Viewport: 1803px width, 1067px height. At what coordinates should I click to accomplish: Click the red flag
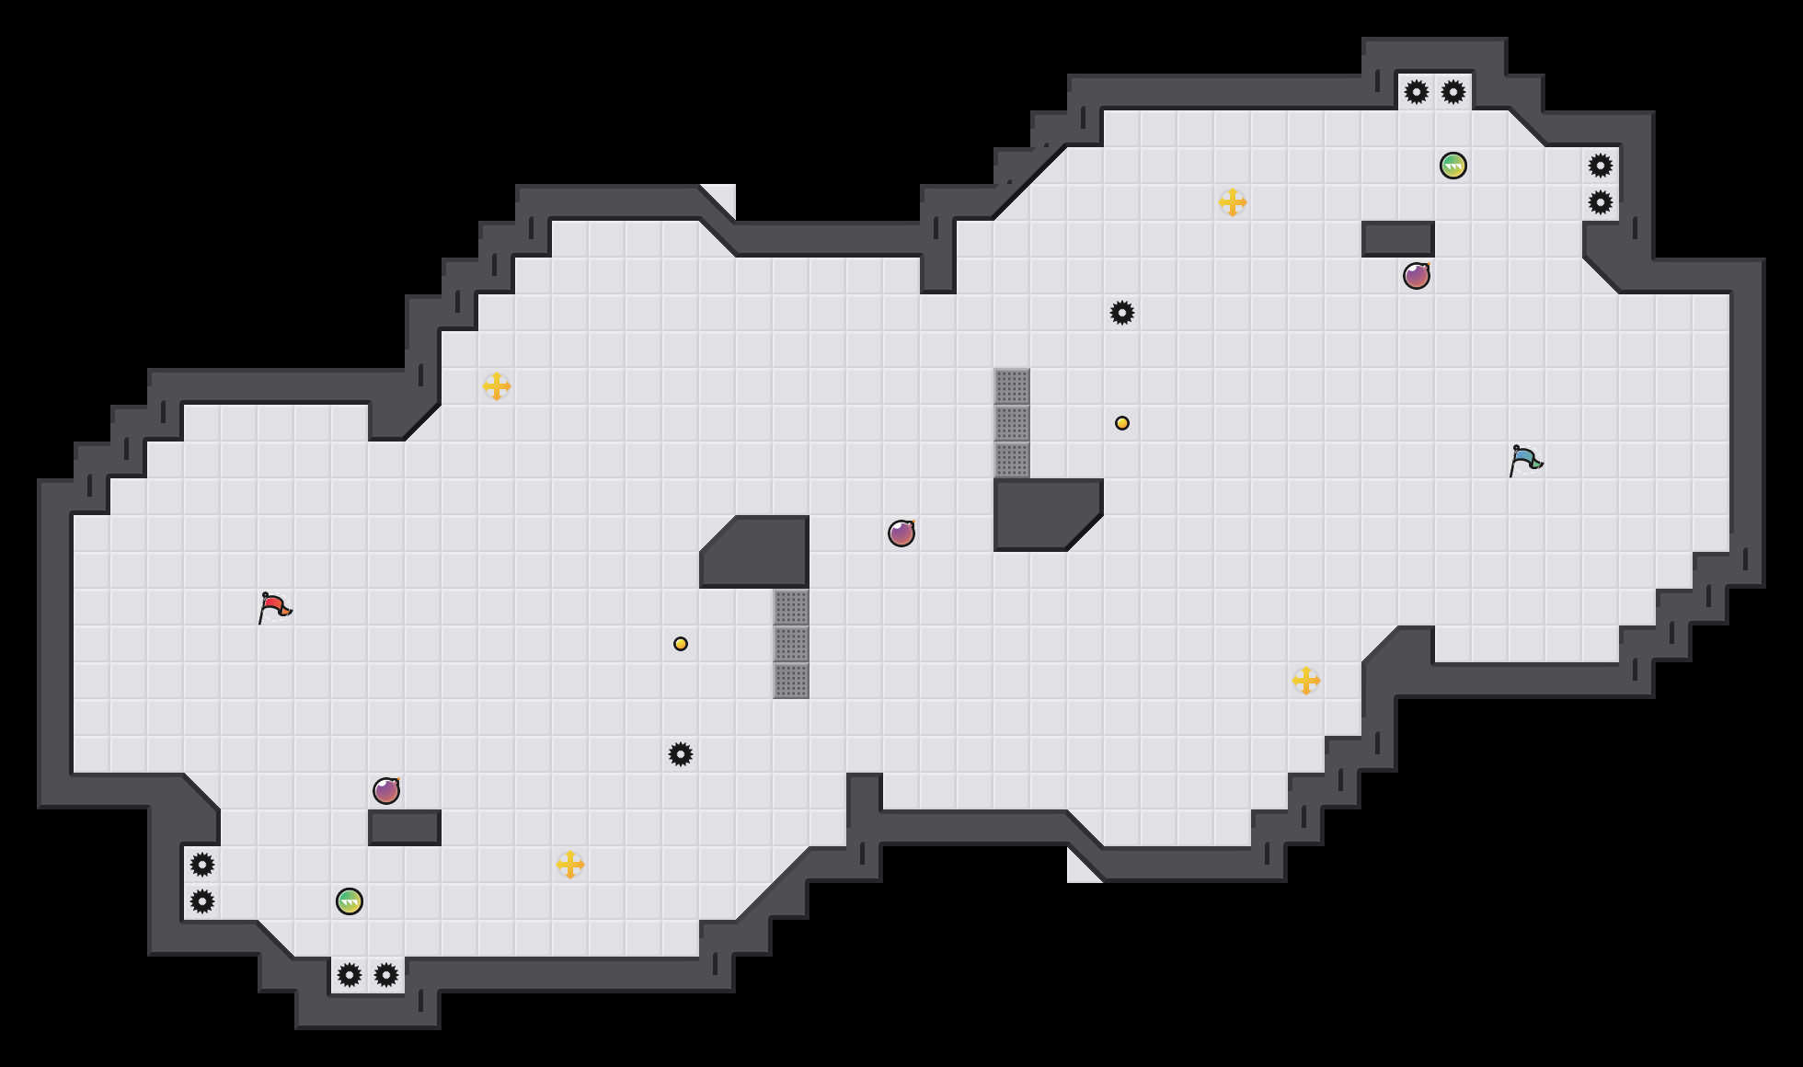pyautogui.click(x=274, y=607)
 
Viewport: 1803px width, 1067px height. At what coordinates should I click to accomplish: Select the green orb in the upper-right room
pyautogui.click(x=1453, y=166)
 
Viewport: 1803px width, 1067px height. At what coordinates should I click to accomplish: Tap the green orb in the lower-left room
pyautogui.click(x=350, y=901)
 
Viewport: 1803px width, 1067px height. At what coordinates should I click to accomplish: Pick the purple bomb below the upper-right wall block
pyautogui.click(x=1417, y=276)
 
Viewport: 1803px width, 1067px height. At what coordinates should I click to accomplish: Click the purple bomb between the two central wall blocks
pyautogui.click(x=901, y=533)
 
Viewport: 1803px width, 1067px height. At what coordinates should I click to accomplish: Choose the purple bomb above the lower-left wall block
pyautogui.click(x=386, y=791)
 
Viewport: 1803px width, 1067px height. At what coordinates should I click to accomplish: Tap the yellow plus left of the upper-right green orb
pyautogui.click(x=1233, y=202)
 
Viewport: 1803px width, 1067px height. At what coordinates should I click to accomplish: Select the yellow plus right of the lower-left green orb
pyautogui.click(x=570, y=865)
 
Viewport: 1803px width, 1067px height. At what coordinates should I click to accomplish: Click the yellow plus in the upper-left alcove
pyautogui.click(x=497, y=386)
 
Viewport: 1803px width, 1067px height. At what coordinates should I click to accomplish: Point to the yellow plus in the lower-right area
pyautogui.click(x=1306, y=681)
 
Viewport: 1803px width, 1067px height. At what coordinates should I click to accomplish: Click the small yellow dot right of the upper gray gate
pyautogui.click(x=1122, y=423)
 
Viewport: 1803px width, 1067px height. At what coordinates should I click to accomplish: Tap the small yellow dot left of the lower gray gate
pyautogui.click(x=681, y=644)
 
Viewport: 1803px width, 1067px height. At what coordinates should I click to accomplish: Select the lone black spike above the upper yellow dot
pyautogui.click(x=1122, y=313)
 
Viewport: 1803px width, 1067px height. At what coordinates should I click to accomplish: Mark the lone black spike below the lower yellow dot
pyautogui.click(x=681, y=754)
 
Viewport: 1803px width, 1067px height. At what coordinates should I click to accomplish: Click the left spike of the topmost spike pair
pyautogui.click(x=1417, y=92)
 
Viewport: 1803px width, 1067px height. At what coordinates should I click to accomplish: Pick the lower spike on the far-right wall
pyautogui.click(x=1601, y=202)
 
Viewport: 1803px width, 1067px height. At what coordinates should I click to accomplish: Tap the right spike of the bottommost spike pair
pyautogui.click(x=386, y=975)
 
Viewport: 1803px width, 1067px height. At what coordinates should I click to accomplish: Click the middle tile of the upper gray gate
pyautogui.click(x=1012, y=423)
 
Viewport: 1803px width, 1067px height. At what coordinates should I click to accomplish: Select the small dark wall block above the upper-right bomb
pyautogui.click(x=1398, y=239)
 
